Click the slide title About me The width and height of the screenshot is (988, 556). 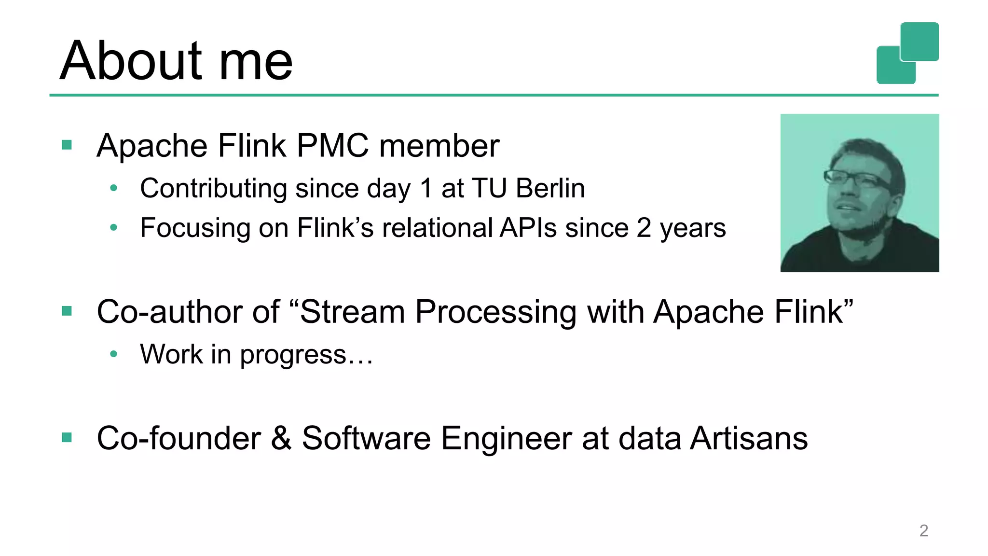pos(176,61)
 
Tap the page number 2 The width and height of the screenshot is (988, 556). pos(923,530)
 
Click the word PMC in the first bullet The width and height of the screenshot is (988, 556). pos(333,145)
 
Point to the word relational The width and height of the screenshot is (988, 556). pos(438,228)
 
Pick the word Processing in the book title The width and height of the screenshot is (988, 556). pos(496,311)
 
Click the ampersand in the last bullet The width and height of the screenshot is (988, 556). pos(281,438)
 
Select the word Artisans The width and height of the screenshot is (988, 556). pos(749,438)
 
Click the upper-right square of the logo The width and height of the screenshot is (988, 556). pos(919,41)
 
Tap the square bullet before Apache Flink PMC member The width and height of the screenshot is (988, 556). pos(67,145)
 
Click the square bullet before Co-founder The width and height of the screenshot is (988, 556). pos(67,438)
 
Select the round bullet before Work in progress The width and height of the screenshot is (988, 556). pos(113,354)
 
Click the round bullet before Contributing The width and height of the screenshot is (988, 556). pos(113,188)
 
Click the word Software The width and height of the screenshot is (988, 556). pos(366,438)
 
